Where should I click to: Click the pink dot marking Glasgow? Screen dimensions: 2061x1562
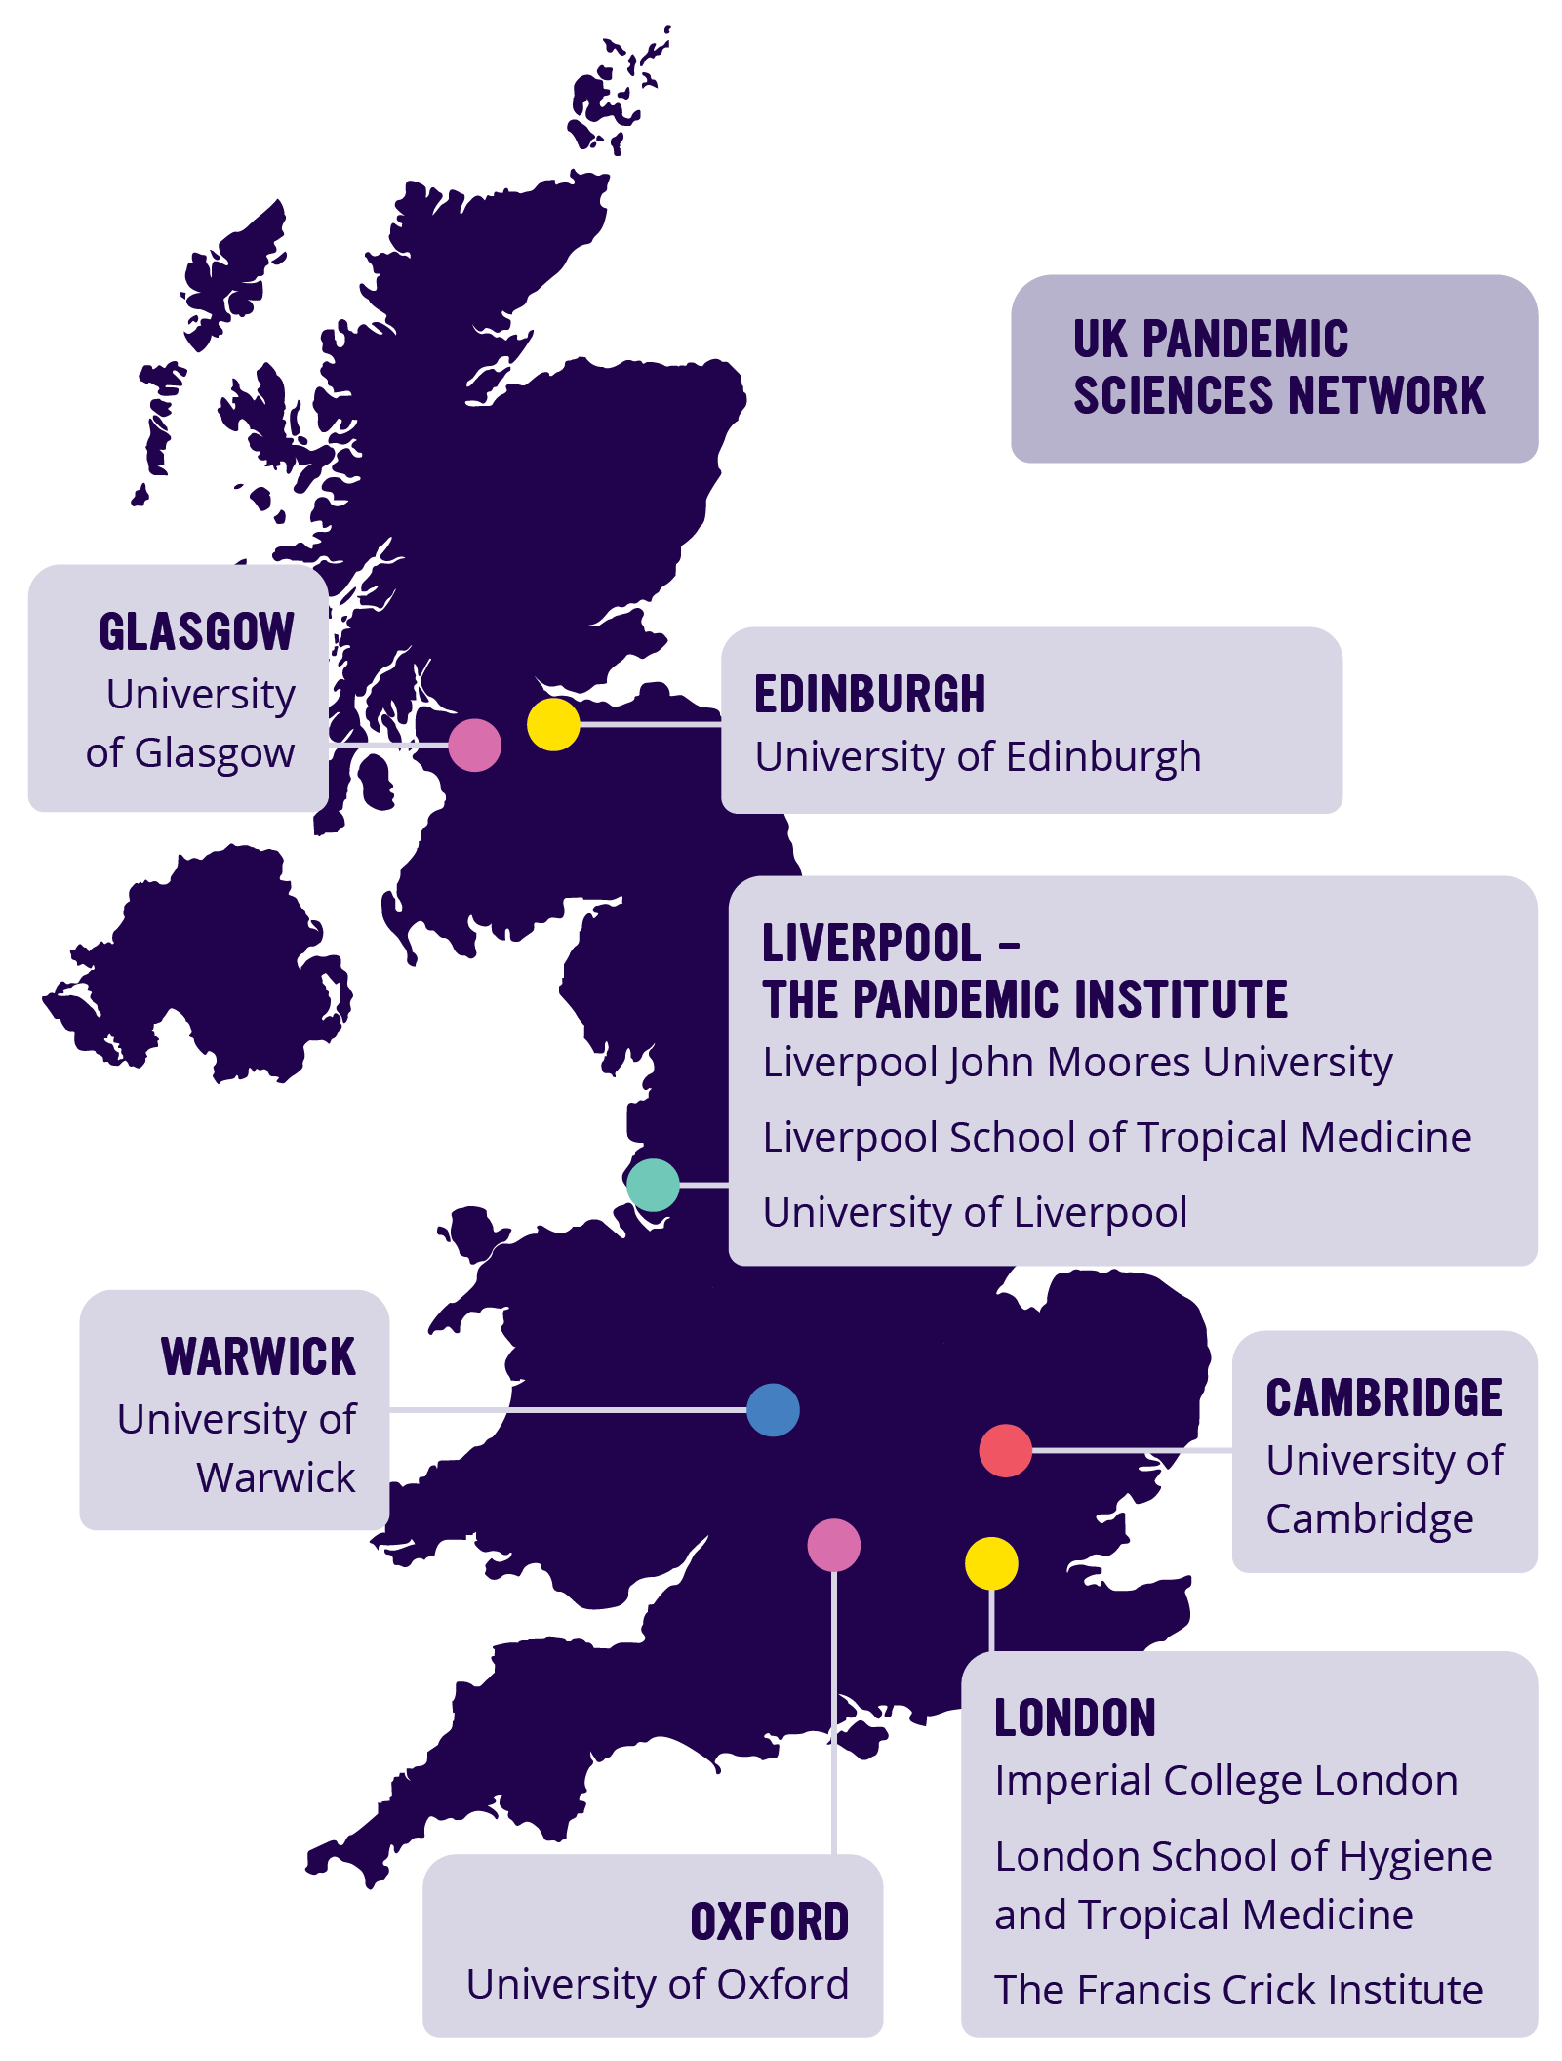[474, 746]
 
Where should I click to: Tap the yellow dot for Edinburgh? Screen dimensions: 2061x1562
[553, 724]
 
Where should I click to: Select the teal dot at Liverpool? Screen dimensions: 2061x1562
[653, 1185]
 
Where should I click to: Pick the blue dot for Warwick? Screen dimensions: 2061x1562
[773, 1410]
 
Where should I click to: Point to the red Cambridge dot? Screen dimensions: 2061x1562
[1005, 1450]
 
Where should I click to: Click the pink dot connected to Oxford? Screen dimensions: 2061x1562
[833, 1545]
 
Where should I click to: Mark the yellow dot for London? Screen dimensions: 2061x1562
[991, 1563]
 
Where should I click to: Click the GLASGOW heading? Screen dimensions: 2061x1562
[196, 632]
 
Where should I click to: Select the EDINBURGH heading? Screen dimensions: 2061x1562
[869, 695]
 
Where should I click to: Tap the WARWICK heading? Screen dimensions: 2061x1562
[259, 1357]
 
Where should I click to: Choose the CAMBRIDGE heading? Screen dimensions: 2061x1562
[1383, 1398]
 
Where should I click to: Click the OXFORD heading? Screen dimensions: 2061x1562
[769, 1922]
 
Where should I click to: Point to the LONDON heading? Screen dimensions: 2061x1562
[1074, 1718]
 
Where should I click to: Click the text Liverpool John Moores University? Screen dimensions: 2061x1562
[1077, 1063]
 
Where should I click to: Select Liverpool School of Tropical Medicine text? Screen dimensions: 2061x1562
[1116, 1138]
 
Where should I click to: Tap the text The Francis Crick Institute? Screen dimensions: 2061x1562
[1238, 1990]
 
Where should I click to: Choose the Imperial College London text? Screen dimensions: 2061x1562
[1225, 1781]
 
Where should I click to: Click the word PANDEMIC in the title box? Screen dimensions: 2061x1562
[1245, 340]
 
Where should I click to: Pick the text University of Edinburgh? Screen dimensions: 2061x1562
[978, 757]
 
